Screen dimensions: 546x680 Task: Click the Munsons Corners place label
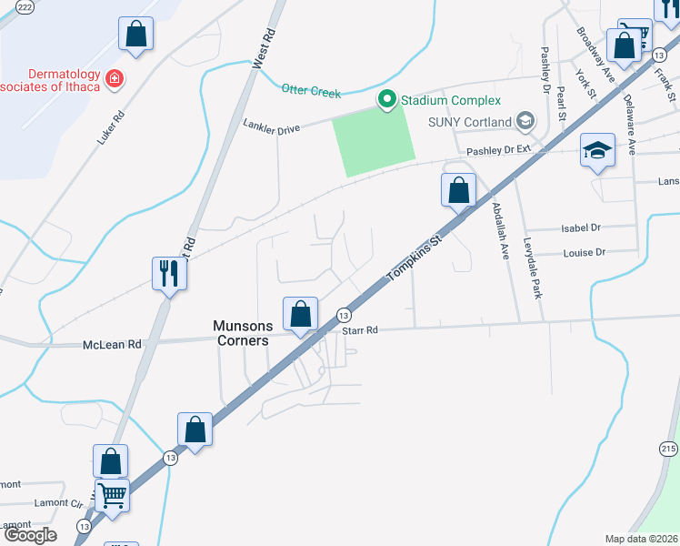241,332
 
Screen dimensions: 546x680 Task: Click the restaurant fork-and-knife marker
168,272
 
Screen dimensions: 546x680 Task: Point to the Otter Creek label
311,90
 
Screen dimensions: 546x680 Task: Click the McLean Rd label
112,345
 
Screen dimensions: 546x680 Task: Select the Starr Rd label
360,330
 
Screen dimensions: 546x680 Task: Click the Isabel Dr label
583,228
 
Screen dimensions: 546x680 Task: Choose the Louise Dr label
584,253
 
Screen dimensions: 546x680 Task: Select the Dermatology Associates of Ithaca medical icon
115,79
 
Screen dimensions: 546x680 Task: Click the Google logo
30,534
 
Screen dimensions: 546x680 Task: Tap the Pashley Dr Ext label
498,149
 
